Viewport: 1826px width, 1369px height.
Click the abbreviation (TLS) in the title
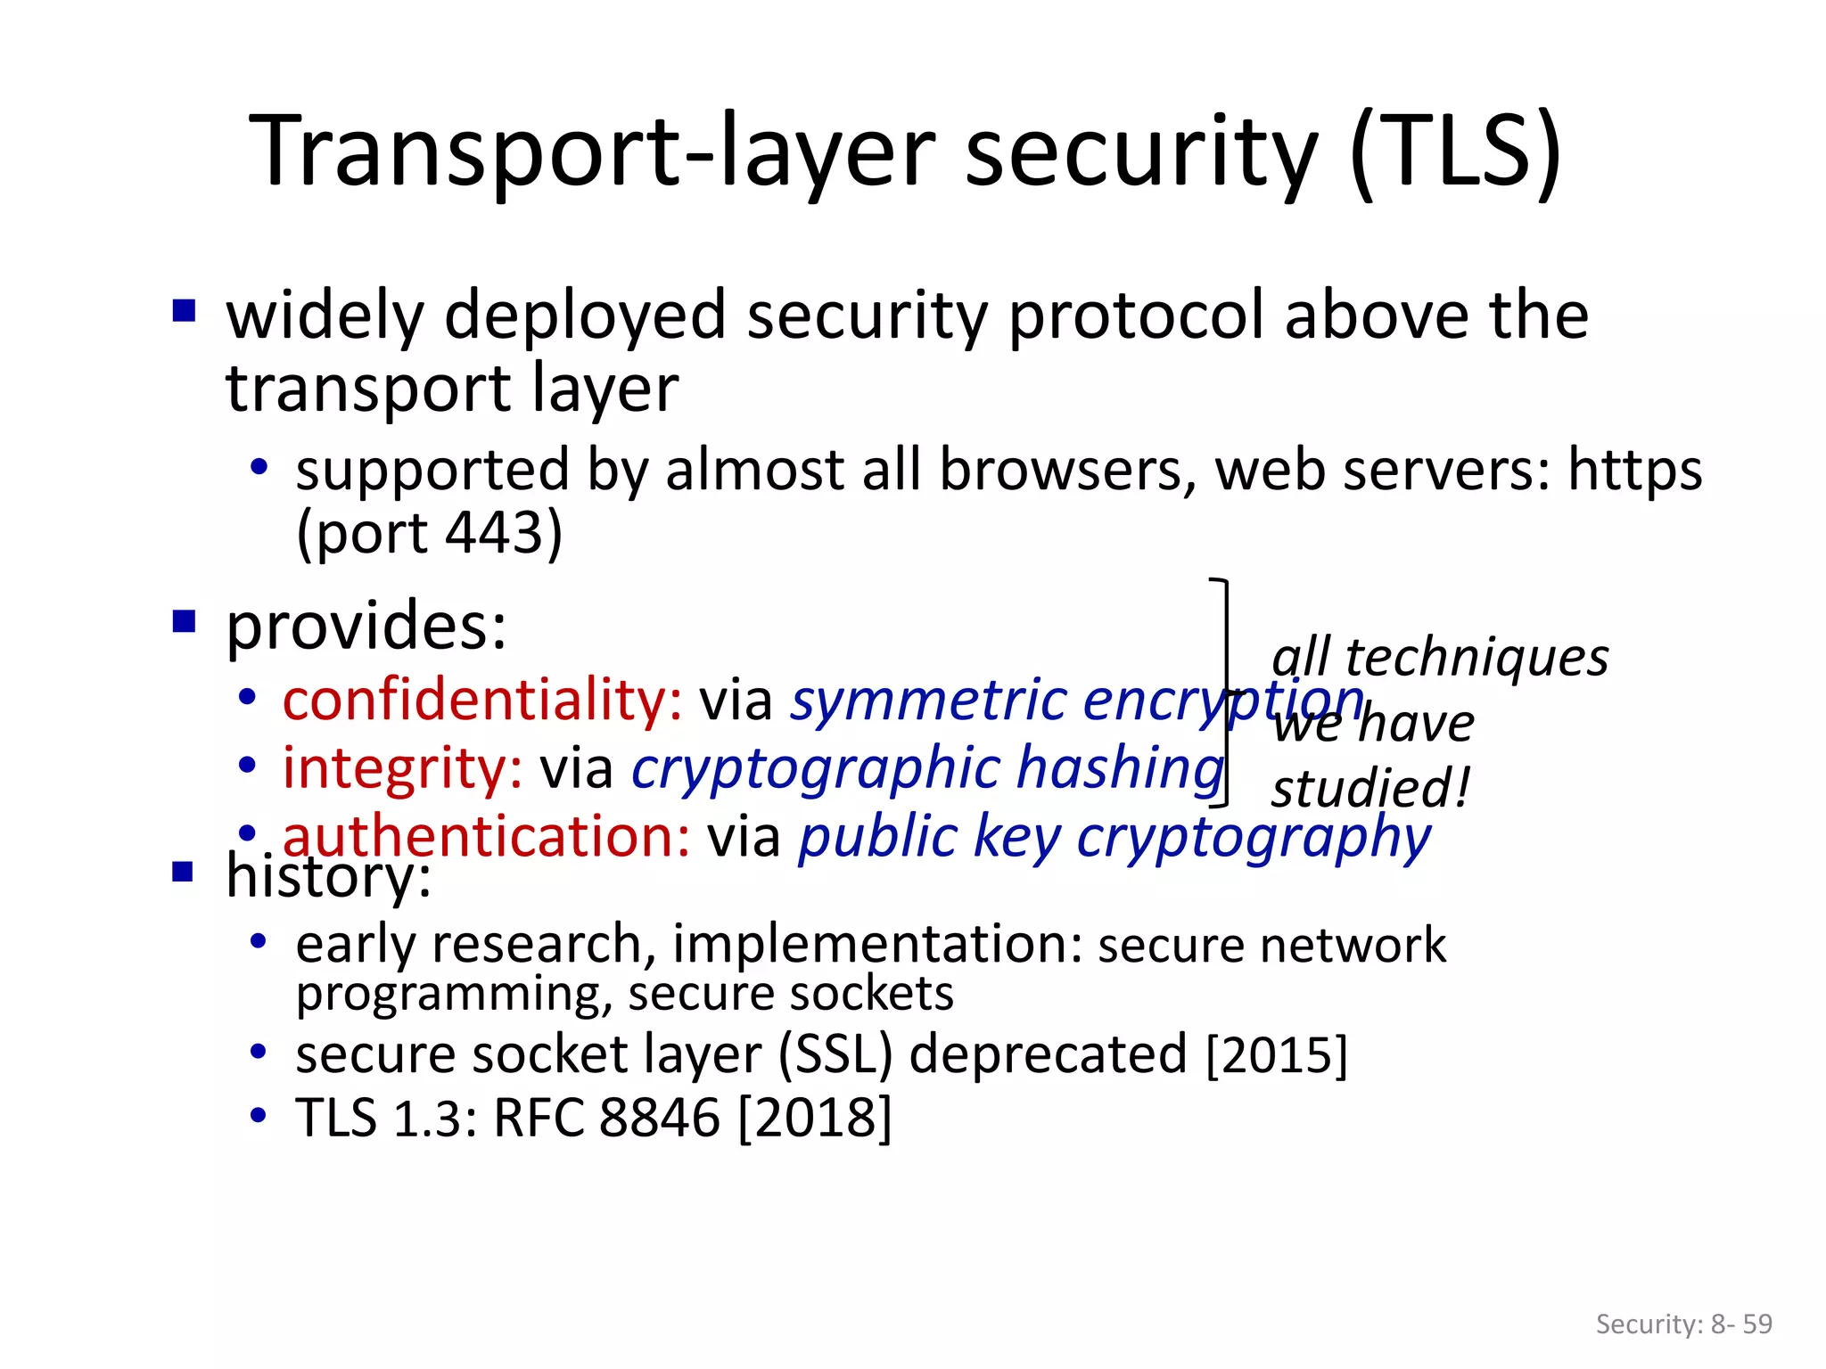pyautogui.click(x=1456, y=152)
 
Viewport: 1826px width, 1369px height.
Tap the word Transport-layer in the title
pyautogui.click(x=592, y=152)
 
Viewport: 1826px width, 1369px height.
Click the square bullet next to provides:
pyautogui.click(x=184, y=620)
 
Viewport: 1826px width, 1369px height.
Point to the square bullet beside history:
pyautogui.click(x=184, y=871)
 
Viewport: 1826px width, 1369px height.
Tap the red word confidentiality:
pyautogui.click(x=482, y=701)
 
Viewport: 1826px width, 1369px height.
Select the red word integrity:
pyautogui.click(x=402, y=768)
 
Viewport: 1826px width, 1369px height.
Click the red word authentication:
pyautogui.click(x=486, y=837)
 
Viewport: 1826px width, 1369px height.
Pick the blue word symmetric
pyautogui.click(x=929, y=701)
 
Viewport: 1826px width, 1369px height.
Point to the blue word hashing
pyautogui.click(x=1121, y=768)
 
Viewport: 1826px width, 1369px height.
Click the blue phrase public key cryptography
pyautogui.click(x=1115, y=838)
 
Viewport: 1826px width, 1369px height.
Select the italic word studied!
pyautogui.click(x=1370, y=789)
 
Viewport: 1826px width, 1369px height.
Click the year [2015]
pyautogui.click(x=1276, y=1054)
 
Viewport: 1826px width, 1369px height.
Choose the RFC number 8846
pyautogui.click(x=659, y=1118)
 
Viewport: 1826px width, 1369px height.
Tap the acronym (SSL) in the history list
pyautogui.click(x=835, y=1054)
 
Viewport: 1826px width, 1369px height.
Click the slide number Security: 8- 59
pyautogui.click(x=1683, y=1324)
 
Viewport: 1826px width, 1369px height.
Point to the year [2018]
pyautogui.click(x=815, y=1118)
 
